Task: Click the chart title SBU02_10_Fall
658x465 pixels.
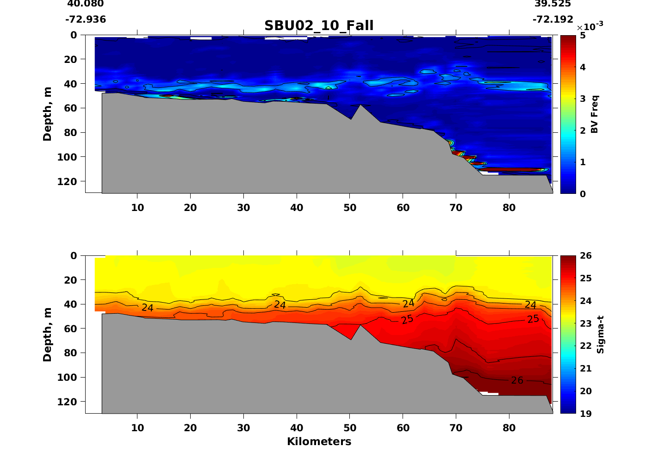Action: (x=319, y=26)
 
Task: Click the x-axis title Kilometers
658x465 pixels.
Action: (x=319, y=442)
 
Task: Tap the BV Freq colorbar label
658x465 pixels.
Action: (x=595, y=114)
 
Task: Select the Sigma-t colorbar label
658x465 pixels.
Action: (x=600, y=335)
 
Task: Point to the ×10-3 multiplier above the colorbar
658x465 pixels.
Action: (x=590, y=27)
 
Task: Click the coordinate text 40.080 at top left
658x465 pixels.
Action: (x=86, y=4)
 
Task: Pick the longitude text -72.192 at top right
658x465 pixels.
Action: (x=552, y=20)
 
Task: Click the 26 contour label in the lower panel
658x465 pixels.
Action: (x=517, y=380)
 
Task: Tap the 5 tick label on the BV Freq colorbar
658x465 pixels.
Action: (x=582, y=36)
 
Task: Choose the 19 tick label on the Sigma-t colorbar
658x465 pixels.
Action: (x=585, y=414)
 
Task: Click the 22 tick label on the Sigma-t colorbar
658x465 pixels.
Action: (x=585, y=346)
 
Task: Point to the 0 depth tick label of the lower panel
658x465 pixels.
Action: (x=74, y=256)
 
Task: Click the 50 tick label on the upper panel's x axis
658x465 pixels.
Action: (x=350, y=208)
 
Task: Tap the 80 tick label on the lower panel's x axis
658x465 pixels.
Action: (x=509, y=428)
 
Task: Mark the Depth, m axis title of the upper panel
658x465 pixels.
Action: (x=47, y=114)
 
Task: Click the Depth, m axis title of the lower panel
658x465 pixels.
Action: (x=47, y=335)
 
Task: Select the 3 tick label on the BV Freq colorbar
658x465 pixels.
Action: (x=582, y=99)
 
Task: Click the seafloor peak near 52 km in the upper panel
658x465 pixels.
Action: (x=360, y=105)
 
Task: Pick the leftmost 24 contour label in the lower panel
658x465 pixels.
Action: (x=147, y=308)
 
